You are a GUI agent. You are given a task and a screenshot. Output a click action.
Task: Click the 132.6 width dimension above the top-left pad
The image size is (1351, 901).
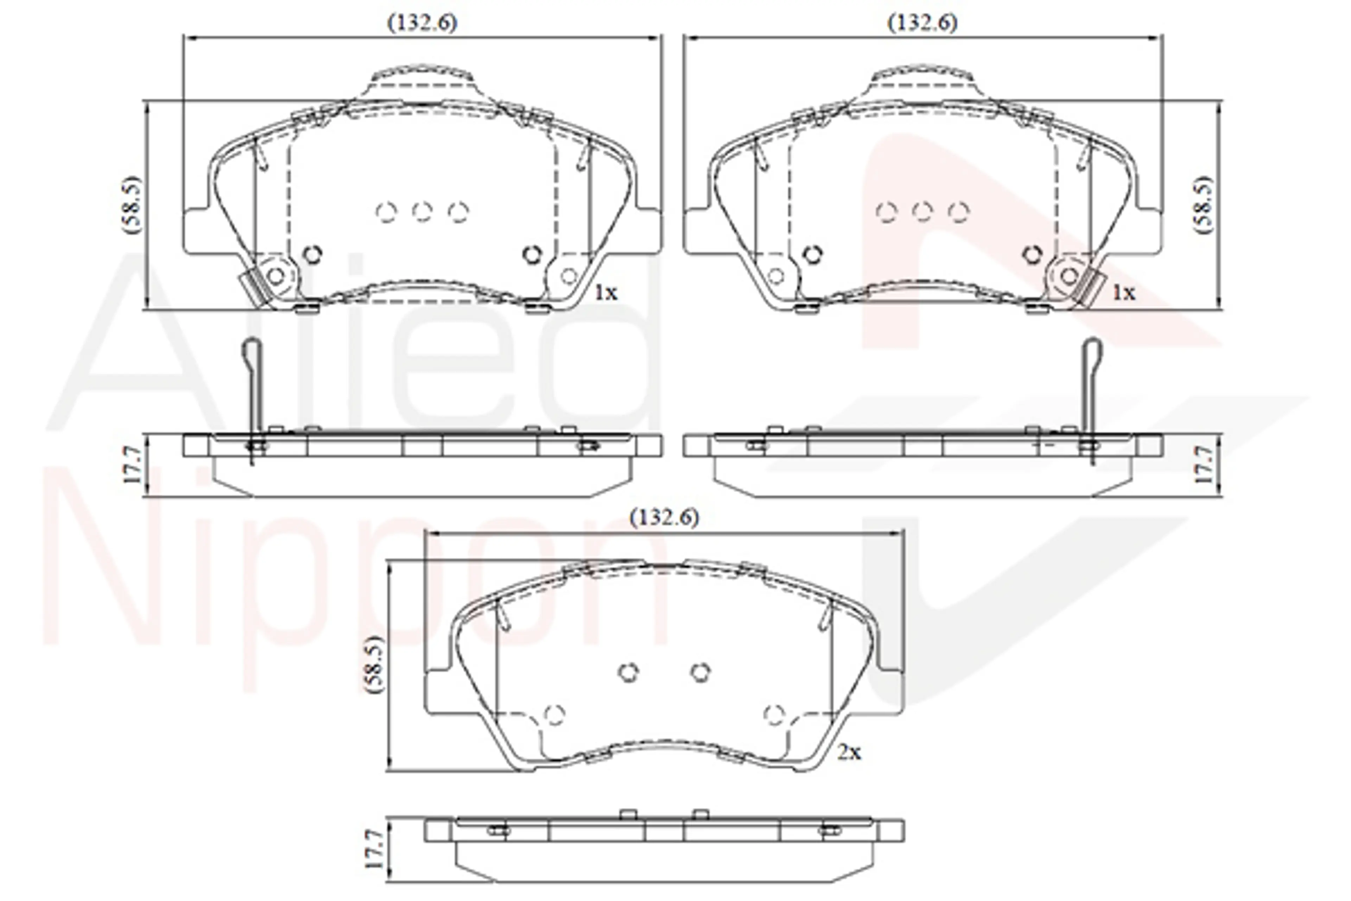point(423,23)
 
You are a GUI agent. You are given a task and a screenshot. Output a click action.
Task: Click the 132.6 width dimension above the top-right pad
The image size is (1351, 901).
point(922,23)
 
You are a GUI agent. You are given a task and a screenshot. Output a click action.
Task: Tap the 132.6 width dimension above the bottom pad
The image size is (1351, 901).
point(665,518)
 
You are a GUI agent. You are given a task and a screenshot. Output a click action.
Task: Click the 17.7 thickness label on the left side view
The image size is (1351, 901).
point(132,465)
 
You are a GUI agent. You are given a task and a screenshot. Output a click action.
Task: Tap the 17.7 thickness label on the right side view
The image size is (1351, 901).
point(1205,465)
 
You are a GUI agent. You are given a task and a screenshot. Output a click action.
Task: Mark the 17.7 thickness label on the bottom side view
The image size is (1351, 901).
point(374,849)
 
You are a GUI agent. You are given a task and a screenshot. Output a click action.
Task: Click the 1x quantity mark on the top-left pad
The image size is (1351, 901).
point(605,293)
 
